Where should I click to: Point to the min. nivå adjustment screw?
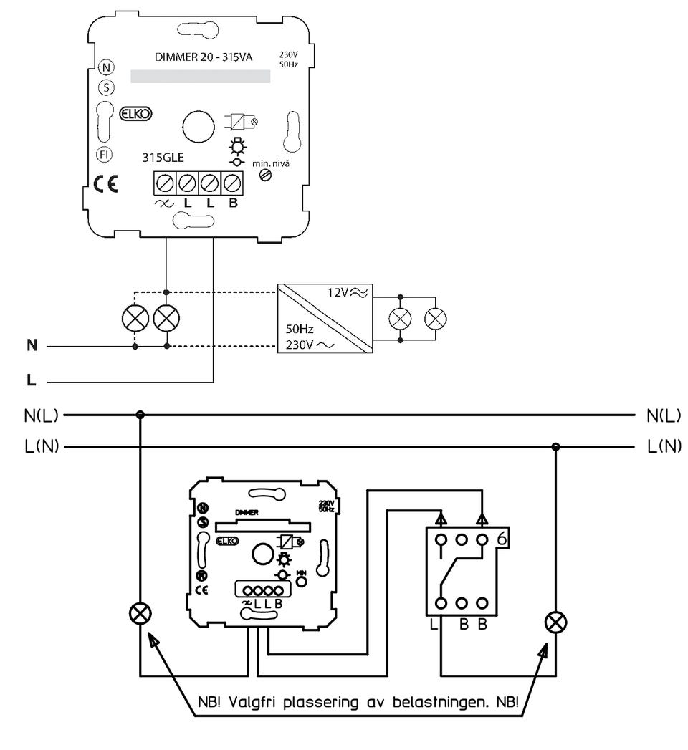(x=265, y=173)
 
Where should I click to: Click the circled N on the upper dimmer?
(x=106, y=68)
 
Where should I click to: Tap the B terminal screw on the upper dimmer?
(x=231, y=183)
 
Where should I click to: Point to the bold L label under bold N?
(x=31, y=380)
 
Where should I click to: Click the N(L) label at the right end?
(x=663, y=415)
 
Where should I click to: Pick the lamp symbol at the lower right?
(x=555, y=622)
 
